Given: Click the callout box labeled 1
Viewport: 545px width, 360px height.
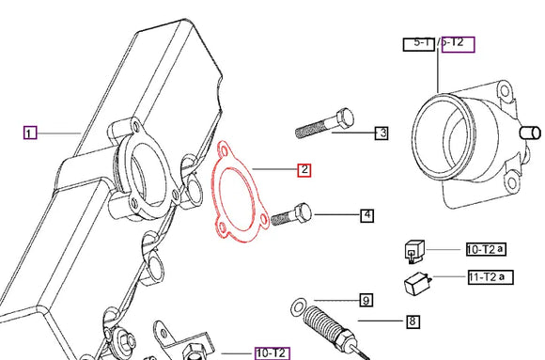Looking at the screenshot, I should [29, 133].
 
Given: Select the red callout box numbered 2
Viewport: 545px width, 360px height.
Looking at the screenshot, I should [304, 170].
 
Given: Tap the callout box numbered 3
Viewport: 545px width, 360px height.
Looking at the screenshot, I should [381, 133].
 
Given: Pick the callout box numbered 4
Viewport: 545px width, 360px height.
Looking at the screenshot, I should [366, 215].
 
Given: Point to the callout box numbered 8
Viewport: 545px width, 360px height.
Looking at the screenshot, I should [412, 321].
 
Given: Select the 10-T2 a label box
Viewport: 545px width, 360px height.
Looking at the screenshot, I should [486, 249].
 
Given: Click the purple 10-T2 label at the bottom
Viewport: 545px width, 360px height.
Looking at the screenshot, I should [272, 352].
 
